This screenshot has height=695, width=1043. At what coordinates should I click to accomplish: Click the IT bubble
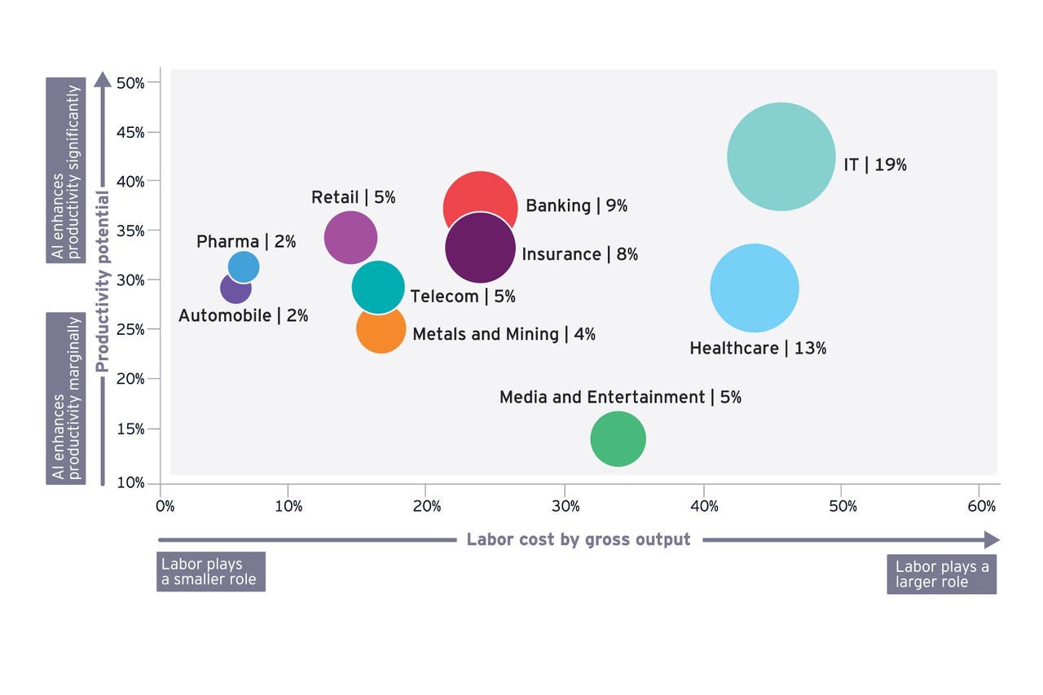coord(781,156)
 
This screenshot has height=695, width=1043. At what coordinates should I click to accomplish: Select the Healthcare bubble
coord(754,288)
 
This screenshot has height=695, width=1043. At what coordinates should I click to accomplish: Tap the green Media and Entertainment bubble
coord(618,439)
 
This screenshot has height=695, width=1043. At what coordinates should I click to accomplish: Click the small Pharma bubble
coord(244,266)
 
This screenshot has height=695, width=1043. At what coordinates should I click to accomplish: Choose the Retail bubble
coord(350,237)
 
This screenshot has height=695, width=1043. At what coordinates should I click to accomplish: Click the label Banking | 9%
coord(576,205)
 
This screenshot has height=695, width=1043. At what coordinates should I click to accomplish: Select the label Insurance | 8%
coord(579,254)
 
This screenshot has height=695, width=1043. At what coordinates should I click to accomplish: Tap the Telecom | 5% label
coord(463,297)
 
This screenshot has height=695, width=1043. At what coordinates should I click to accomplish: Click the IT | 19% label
coord(874,165)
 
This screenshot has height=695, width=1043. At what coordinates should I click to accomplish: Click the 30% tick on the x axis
coord(566,506)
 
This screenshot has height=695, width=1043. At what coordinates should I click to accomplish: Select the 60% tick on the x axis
coord(981,506)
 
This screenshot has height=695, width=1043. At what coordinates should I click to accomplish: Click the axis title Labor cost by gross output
coord(579,539)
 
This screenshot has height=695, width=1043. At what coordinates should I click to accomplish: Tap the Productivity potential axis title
coord(103,282)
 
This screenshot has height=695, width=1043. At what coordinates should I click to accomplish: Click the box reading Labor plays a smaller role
coord(210,572)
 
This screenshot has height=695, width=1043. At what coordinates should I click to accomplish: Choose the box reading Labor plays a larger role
coord(941,574)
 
